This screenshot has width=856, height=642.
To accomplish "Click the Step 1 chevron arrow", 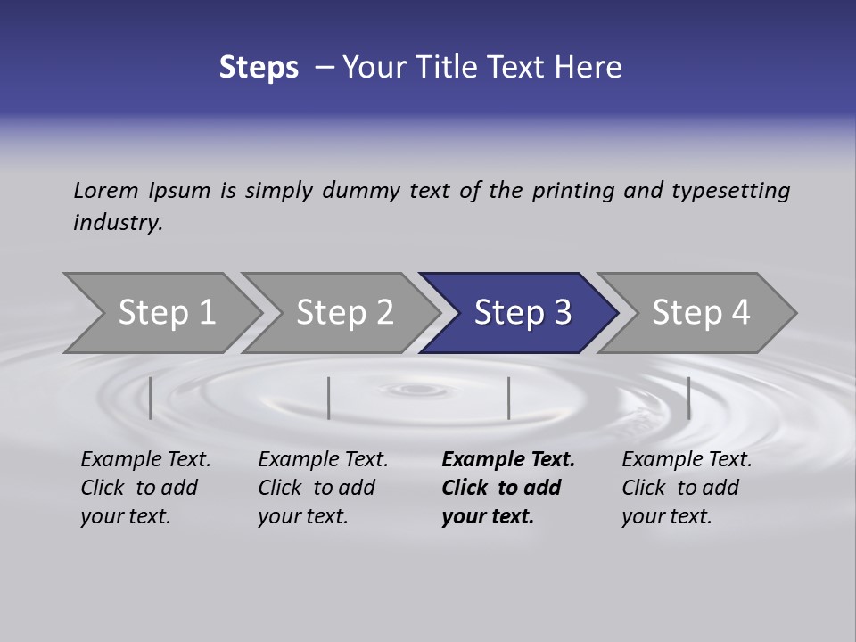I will [165, 313].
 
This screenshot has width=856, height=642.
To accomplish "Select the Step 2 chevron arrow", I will [343, 313].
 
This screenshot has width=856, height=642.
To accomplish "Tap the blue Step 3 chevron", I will [521, 313].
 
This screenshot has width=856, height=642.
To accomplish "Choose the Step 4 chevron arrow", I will [699, 313].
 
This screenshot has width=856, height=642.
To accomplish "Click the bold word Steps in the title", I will [259, 68].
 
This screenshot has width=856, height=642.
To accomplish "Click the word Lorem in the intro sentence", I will [105, 190].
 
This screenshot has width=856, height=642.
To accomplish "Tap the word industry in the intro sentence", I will [117, 222].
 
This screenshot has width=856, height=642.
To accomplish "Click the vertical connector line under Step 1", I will [151, 398].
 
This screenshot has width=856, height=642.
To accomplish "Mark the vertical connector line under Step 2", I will [329, 398].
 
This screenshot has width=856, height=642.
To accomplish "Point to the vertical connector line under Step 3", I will [508, 398].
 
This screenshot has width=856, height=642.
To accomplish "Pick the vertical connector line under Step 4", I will [688, 398].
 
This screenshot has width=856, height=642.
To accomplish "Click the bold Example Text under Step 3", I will [508, 460].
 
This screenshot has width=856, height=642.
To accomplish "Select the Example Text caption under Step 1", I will [145, 460].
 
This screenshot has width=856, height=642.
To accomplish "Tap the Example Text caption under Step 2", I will [323, 460].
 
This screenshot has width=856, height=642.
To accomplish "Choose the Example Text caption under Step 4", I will [687, 460].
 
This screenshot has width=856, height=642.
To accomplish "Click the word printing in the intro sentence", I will [573, 190].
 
